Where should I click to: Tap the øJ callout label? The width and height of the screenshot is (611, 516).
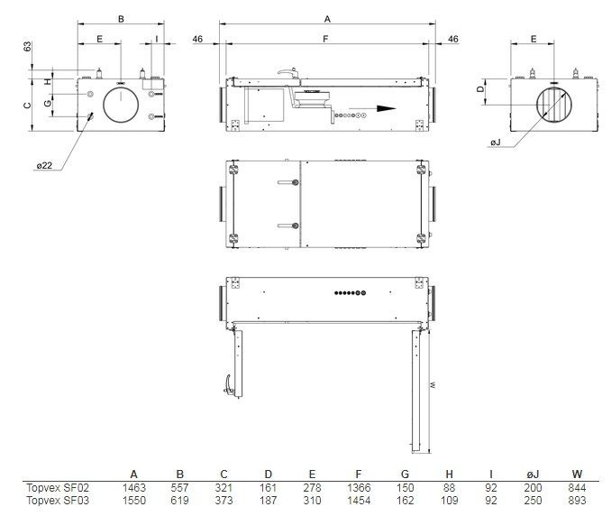[x=495, y=143]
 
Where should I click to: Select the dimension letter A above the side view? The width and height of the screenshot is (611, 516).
[x=327, y=18]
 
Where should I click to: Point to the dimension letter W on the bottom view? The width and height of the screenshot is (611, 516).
[x=433, y=384]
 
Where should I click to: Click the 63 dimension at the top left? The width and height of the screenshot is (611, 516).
[x=29, y=47]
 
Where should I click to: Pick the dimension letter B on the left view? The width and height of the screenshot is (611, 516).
[x=121, y=18]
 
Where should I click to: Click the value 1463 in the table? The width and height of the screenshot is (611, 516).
[x=133, y=486]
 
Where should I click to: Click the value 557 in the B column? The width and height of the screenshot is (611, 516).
[x=179, y=486]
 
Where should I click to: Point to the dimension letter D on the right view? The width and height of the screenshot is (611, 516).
[x=481, y=88]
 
